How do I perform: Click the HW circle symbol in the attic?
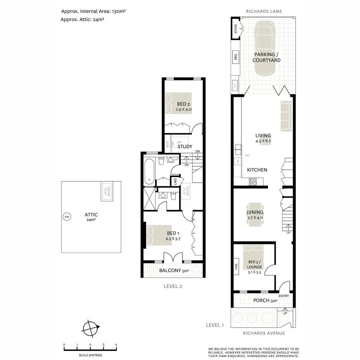pos(67,217)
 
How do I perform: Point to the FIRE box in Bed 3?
pos(236,266)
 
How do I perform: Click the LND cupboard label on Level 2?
pos(175,182)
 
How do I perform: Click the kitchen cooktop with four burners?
pos(253,182)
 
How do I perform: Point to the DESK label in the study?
pos(167,144)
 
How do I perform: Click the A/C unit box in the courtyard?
pos(235,86)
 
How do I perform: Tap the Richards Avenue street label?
pos(264,333)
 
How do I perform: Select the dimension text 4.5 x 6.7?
pos(263,141)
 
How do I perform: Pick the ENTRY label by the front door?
pos(284,296)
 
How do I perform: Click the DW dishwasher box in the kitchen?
pos(237,161)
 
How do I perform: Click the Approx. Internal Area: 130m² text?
pos(93,11)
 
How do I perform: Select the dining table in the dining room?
pos(255,215)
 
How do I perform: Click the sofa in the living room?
pos(286,116)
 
